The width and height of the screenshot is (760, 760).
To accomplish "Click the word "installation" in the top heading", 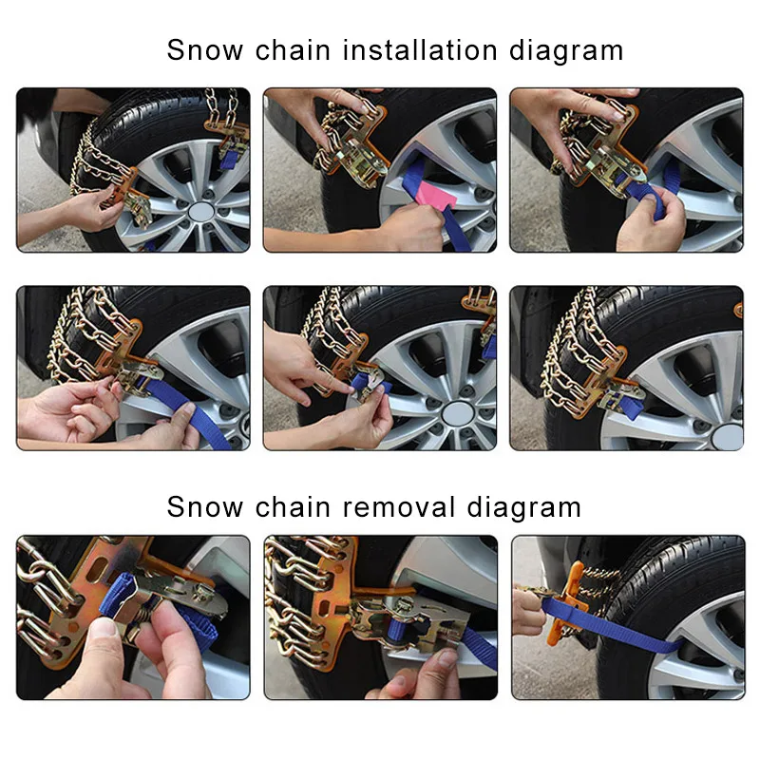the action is tap(420, 50).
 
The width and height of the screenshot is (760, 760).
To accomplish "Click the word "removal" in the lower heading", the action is tap(399, 507).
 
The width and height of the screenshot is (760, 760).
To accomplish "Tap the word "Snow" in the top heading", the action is tap(205, 50).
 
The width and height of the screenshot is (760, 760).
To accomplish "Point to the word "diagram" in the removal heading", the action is tap(524, 508).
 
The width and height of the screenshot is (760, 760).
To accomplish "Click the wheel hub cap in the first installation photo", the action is tap(200, 212).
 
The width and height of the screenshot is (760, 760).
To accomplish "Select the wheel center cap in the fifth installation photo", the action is tap(458, 413).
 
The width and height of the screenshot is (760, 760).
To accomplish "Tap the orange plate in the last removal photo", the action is tap(568, 603).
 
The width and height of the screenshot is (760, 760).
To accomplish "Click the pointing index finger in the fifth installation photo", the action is tap(330, 382).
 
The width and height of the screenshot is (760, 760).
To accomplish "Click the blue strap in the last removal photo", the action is tap(612, 624).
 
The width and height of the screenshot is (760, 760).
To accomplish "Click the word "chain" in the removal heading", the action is tap(293, 507).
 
